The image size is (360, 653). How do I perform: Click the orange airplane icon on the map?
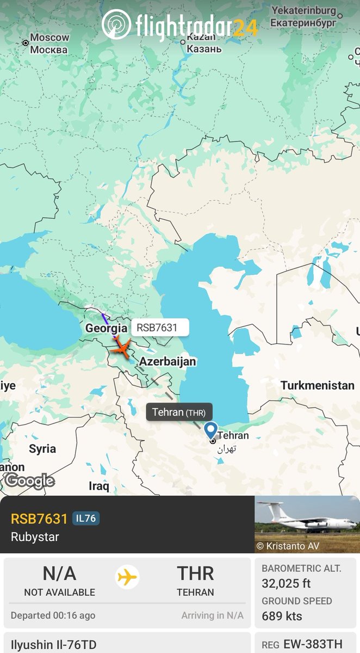pyautogui.click(x=121, y=347)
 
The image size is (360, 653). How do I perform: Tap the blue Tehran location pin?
pyautogui.click(x=210, y=430)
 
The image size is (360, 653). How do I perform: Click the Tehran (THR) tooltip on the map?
pyautogui.click(x=179, y=412)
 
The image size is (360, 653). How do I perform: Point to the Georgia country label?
pyautogui.click(x=106, y=329)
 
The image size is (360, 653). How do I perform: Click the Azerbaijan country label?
pyautogui.click(x=167, y=361)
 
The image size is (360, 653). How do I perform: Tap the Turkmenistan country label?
pyautogui.click(x=317, y=385)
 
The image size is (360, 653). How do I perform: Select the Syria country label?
pyautogui.click(x=42, y=449)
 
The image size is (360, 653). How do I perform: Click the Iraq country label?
pyautogui.click(x=99, y=485)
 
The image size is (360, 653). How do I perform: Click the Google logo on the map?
pyautogui.click(x=30, y=480)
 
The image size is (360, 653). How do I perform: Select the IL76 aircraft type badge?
pyautogui.click(x=86, y=519)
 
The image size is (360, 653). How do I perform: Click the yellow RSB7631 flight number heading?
pyautogui.click(x=39, y=519)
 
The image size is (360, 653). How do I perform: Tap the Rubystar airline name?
pyautogui.click(x=35, y=537)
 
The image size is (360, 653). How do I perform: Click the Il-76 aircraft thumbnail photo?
pyautogui.click(x=307, y=524)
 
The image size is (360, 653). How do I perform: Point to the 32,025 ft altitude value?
pyautogui.click(x=286, y=583)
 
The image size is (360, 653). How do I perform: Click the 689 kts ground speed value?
pyautogui.click(x=282, y=616)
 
